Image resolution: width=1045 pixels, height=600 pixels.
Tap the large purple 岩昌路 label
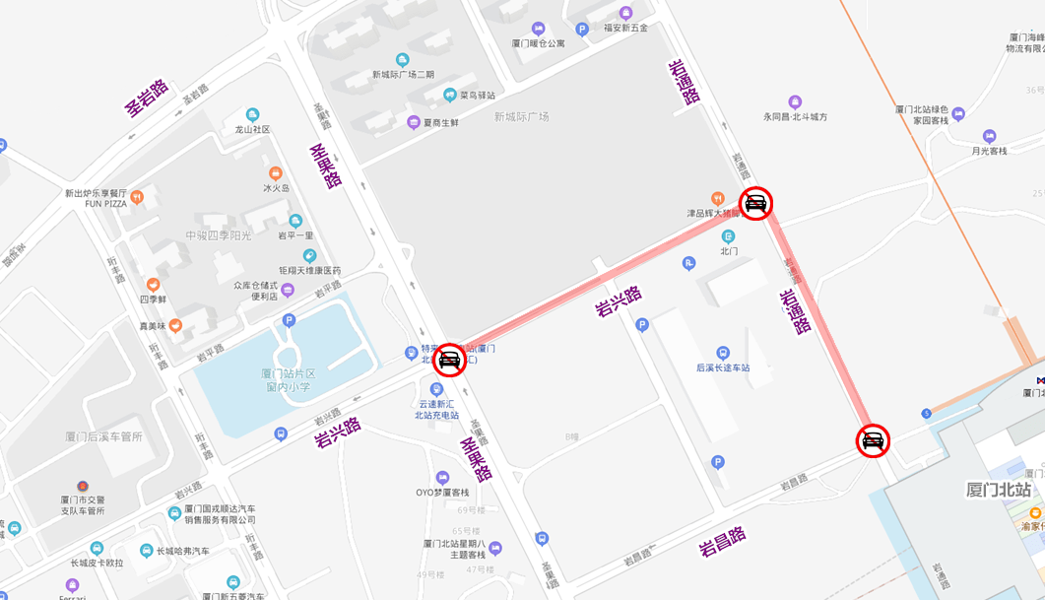[x=722, y=541]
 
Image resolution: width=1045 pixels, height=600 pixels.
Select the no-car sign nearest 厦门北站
[x=873, y=440]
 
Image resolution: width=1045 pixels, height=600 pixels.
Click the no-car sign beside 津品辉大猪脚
[x=755, y=203]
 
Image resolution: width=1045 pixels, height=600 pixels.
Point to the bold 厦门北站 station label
[x=998, y=490]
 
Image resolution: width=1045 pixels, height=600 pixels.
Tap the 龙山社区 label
[x=252, y=129]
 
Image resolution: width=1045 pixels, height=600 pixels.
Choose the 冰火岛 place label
[x=276, y=188]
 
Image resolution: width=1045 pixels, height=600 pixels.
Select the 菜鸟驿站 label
[x=477, y=96]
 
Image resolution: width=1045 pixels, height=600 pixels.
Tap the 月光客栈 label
[x=989, y=151]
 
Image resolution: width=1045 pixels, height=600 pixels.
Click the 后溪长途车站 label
[x=723, y=367]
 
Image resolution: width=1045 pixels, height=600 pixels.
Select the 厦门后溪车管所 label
[x=103, y=436]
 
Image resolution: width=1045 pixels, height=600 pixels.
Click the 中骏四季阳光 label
[x=219, y=235]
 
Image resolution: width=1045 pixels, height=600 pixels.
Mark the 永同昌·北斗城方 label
[x=795, y=116]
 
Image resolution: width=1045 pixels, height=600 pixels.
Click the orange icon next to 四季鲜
[x=153, y=285]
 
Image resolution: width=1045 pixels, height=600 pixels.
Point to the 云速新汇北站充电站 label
[x=437, y=409]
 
